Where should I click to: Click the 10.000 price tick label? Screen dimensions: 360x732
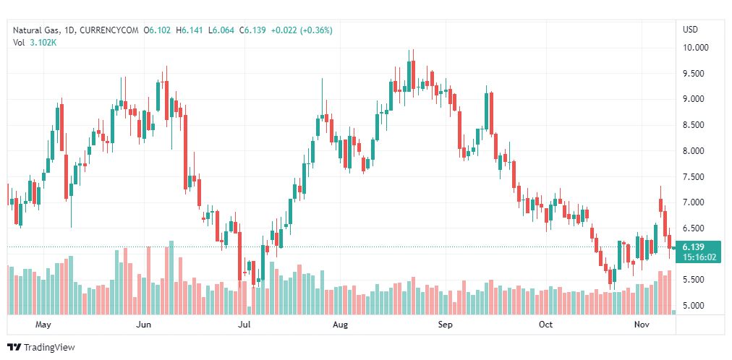point(695,48)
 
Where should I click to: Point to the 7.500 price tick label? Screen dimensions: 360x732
point(695,176)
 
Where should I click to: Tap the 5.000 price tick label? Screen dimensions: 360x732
point(695,305)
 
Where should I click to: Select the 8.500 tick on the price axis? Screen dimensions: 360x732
point(695,125)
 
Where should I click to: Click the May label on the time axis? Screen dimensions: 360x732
point(43,325)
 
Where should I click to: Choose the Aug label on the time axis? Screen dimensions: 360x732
point(340,325)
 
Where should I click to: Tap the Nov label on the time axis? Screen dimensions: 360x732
point(642,325)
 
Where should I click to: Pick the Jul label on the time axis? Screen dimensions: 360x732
point(244,325)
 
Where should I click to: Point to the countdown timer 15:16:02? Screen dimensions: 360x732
point(699,257)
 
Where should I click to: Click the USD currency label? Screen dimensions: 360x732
point(690,30)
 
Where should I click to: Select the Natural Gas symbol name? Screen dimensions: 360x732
point(35,30)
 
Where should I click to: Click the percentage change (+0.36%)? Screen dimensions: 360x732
point(312,30)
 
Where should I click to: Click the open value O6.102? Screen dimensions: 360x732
point(158,30)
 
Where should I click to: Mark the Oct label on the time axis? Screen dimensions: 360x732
point(545,325)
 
